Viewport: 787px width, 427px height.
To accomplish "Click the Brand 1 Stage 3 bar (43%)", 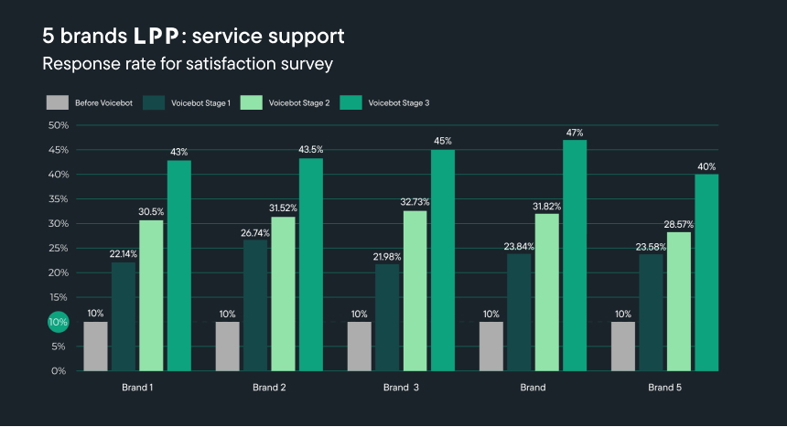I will click(x=178, y=265).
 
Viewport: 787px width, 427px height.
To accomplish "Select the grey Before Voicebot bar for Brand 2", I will click(x=227, y=346).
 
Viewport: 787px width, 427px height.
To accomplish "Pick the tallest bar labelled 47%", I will click(x=575, y=255).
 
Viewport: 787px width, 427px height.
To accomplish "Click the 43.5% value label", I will click(x=311, y=149).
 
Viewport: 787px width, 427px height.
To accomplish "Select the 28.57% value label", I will click(x=679, y=224).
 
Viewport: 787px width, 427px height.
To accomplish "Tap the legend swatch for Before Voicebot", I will click(x=58, y=102).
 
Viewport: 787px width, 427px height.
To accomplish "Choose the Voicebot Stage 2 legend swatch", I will click(x=252, y=102).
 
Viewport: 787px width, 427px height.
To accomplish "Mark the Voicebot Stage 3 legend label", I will click(x=398, y=103).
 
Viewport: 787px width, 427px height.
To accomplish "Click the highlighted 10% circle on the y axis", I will click(x=58, y=322).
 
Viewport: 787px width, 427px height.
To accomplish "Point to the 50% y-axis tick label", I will click(x=58, y=125).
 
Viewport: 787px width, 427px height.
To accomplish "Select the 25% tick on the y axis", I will click(x=58, y=248).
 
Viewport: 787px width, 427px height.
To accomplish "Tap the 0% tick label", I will click(x=59, y=371).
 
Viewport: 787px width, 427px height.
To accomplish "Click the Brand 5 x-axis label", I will click(x=663, y=388).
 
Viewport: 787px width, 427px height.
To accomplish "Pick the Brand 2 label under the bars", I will click(x=269, y=388).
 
